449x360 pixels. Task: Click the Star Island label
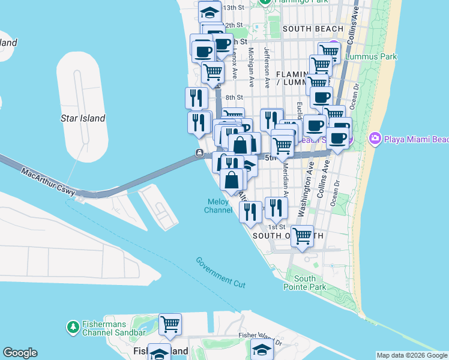[x=83, y=118]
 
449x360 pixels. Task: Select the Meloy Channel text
[x=217, y=206]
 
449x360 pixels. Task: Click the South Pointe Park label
[x=305, y=283]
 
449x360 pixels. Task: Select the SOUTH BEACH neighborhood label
[x=313, y=28]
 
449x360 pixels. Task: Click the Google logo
[x=20, y=353]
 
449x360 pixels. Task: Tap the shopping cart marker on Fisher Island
[x=170, y=324]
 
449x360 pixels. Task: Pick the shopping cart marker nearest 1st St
[x=302, y=235]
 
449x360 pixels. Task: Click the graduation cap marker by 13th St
[x=210, y=11]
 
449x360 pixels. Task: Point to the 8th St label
[x=234, y=97]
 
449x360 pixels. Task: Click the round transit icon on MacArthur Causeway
[x=199, y=154]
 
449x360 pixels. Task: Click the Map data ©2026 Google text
[x=412, y=355]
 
